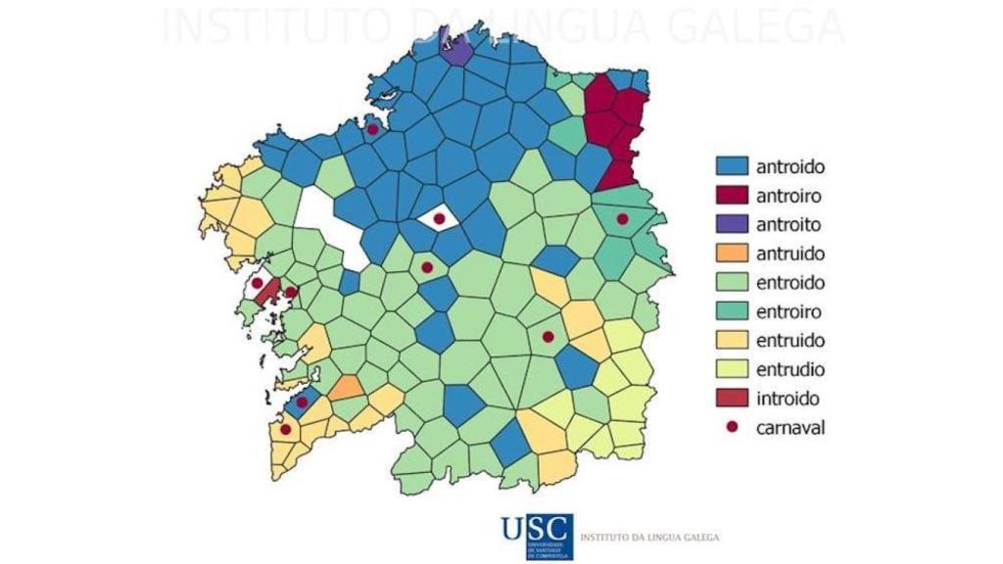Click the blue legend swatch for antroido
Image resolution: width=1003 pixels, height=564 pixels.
(732, 167)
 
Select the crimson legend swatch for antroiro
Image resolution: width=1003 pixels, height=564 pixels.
(732, 196)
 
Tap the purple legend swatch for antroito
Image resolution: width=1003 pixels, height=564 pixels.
(732, 225)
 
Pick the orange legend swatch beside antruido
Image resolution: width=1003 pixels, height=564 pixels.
(732, 254)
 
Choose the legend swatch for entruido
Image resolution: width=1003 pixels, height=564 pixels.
(732, 341)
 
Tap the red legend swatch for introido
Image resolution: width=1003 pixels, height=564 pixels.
(732, 399)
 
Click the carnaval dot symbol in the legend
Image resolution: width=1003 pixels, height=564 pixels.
(732, 428)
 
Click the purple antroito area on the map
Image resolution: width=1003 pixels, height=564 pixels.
(454, 49)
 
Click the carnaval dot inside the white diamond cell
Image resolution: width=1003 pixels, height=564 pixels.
(439, 218)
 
